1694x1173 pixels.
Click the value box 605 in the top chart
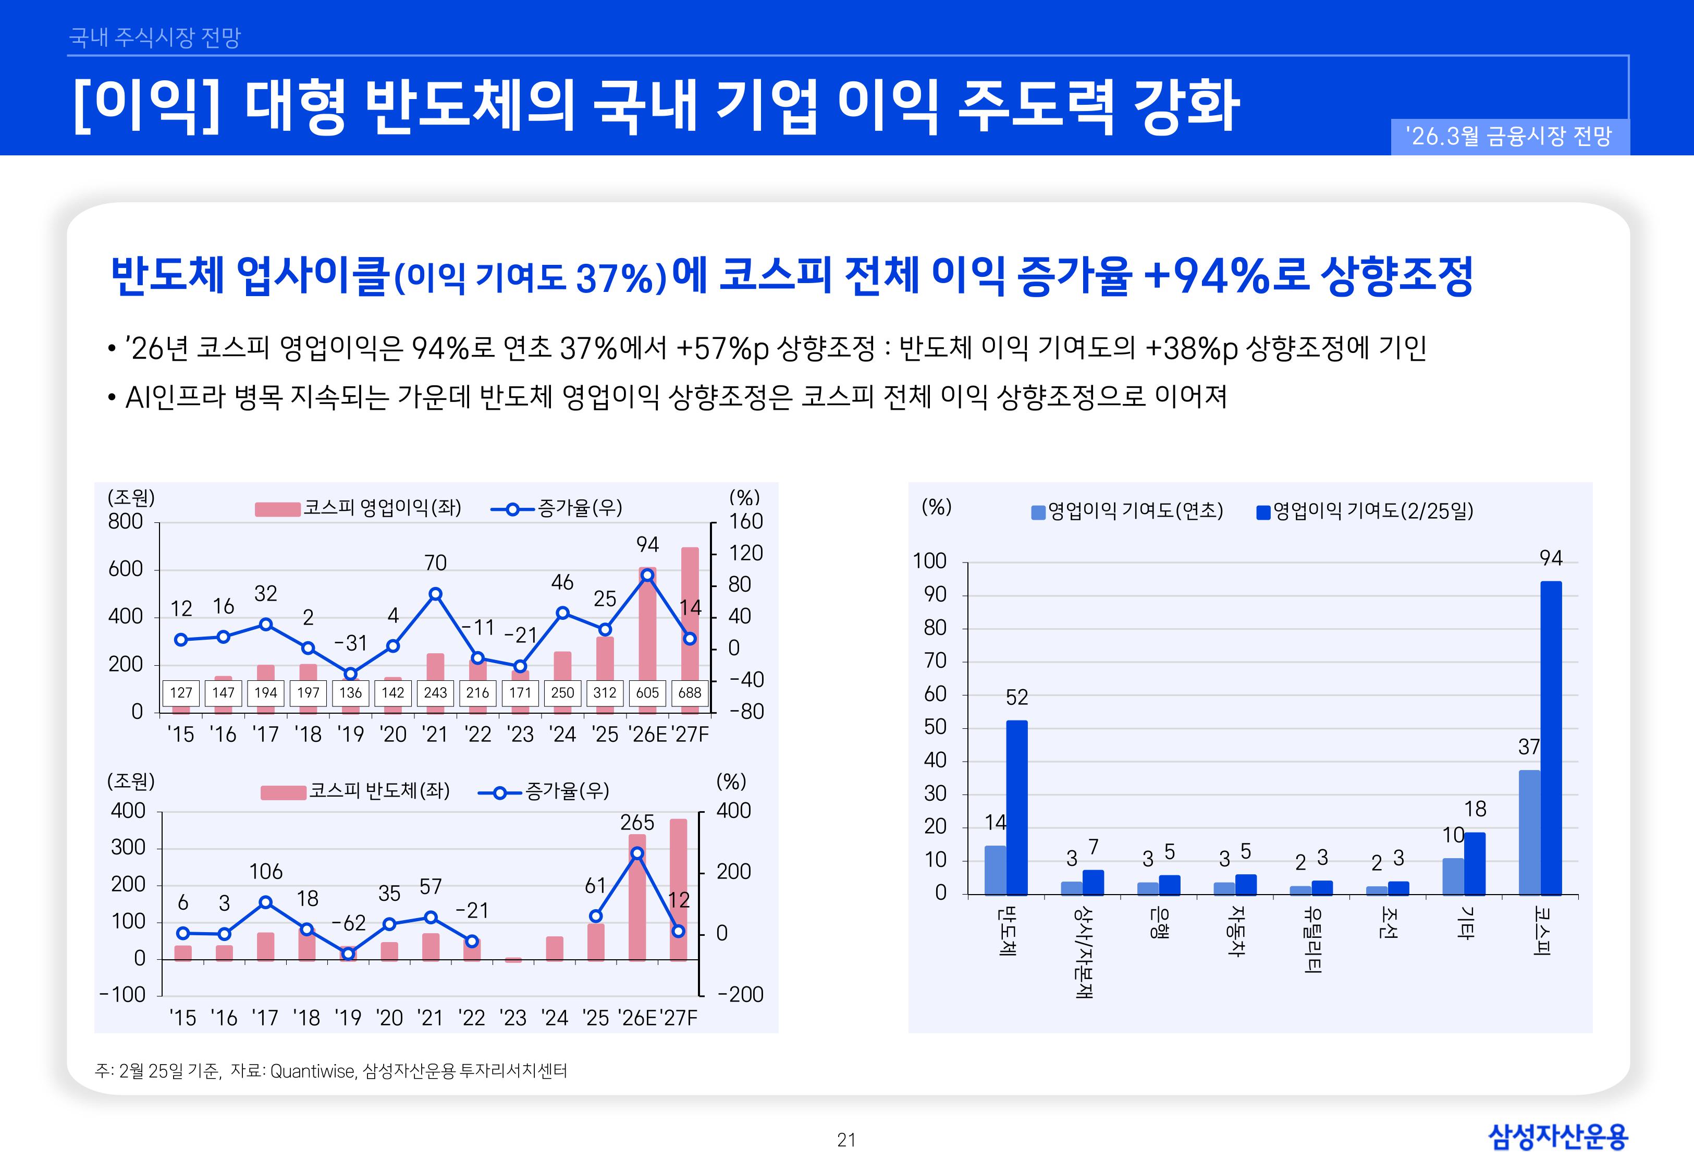[x=647, y=692]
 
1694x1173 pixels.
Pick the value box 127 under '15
[x=181, y=692]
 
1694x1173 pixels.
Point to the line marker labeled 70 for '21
[x=435, y=594]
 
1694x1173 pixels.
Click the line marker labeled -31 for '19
[x=350, y=673]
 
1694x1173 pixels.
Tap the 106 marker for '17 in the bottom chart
[x=266, y=902]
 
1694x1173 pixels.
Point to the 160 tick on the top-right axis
[x=746, y=522]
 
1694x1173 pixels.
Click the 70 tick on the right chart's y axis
[x=935, y=661]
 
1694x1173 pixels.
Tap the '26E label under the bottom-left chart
[x=637, y=1018]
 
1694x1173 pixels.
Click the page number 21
[x=846, y=1140]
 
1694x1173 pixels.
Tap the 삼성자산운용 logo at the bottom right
[x=1557, y=1137]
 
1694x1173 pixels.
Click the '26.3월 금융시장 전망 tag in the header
[x=1509, y=137]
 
